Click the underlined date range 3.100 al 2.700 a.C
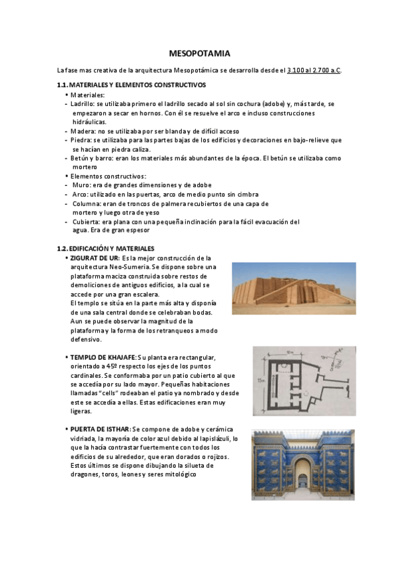[x=314, y=70]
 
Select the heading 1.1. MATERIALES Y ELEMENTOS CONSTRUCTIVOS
[x=131, y=85]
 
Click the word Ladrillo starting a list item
[x=82, y=105]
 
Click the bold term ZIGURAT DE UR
[x=95, y=258]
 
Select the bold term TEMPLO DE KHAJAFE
[x=103, y=358]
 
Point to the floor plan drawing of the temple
[x=303, y=381]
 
